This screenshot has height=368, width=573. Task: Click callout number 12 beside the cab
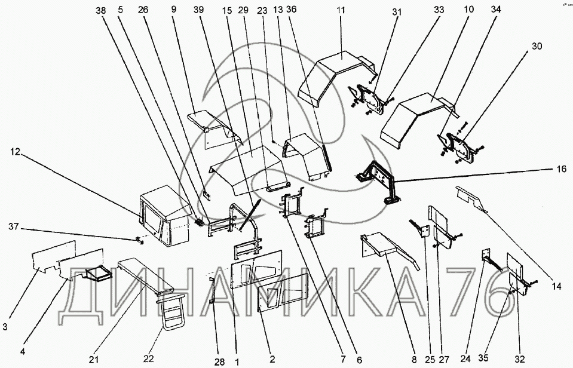(16, 151)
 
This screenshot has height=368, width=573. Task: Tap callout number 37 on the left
(14, 227)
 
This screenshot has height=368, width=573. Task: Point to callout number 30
(537, 47)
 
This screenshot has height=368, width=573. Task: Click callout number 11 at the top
(341, 10)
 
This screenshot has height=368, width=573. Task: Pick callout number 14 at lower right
(556, 287)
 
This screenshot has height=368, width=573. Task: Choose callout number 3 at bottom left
(5, 326)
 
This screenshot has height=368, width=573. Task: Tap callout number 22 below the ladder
(148, 358)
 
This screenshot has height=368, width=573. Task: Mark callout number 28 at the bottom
(220, 362)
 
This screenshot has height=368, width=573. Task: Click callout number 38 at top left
(100, 11)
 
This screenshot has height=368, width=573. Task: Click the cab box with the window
(164, 216)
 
